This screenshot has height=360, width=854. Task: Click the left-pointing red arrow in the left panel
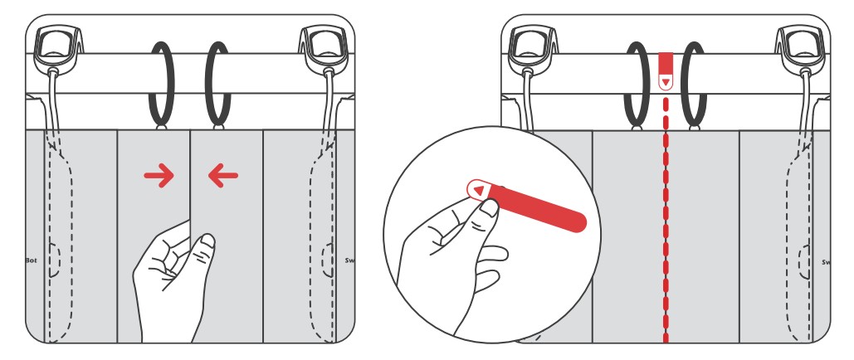click(223, 174)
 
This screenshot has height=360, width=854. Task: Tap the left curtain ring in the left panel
click(162, 83)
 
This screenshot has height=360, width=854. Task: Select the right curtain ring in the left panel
click(218, 83)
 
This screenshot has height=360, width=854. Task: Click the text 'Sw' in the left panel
click(349, 260)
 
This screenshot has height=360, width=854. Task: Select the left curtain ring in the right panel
click(637, 83)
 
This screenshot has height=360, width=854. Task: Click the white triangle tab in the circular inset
click(479, 190)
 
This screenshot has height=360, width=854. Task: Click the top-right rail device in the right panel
click(798, 47)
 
